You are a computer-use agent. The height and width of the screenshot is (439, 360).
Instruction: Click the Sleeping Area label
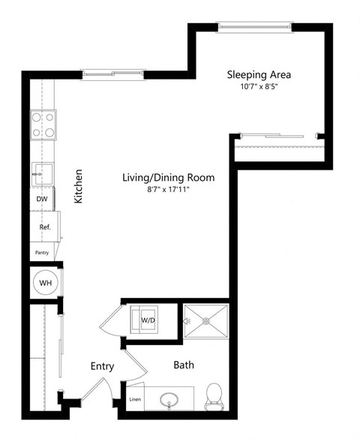[259, 75]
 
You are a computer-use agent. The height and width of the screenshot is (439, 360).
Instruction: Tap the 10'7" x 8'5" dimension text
[259, 87]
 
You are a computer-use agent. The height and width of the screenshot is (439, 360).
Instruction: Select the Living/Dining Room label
[169, 178]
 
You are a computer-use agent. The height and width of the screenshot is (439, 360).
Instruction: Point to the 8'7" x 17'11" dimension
[169, 190]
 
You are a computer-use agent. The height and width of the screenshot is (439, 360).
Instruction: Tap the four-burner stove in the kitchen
[43, 125]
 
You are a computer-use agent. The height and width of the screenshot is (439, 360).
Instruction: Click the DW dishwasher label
[42, 200]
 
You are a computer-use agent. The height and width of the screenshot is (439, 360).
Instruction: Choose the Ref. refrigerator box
[44, 226]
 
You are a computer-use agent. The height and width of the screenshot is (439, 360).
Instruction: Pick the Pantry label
[41, 253]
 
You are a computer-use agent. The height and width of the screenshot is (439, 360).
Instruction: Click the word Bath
[184, 365]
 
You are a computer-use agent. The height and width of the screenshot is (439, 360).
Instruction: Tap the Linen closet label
[135, 399]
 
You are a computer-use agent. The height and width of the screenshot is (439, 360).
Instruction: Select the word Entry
[102, 366]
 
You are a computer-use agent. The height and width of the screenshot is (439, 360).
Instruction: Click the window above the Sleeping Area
[253, 27]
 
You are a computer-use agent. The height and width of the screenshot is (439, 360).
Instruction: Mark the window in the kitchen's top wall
[114, 74]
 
